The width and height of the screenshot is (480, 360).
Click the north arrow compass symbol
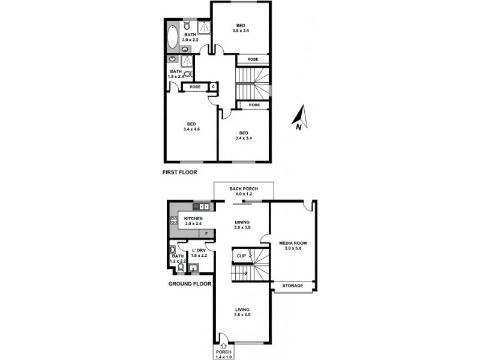click(301, 118)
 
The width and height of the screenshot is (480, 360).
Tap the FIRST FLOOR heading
click(181, 172)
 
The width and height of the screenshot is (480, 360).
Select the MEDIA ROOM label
click(293, 243)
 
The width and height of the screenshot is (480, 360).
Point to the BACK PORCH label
click(244, 189)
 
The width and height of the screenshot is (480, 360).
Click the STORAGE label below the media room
click(293, 286)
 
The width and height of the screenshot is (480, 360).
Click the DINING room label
click(244, 222)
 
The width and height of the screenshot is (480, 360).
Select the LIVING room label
click(242, 310)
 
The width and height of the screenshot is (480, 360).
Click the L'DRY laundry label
click(199, 250)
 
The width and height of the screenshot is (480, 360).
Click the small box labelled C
click(213, 87)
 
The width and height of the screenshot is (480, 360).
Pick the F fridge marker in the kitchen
click(207, 233)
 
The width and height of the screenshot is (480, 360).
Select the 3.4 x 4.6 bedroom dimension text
click(192, 128)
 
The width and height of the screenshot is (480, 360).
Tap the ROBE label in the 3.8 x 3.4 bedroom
click(253, 59)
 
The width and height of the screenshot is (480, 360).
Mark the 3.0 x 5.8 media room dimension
click(293, 248)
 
